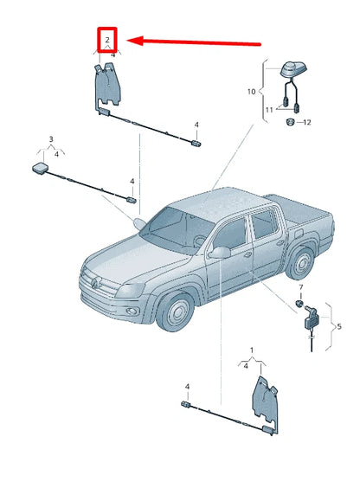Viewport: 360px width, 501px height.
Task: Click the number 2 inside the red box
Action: pyautogui.click(x=107, y=41)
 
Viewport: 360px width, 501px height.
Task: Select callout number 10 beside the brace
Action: pyautogui.click(x=251, y=92)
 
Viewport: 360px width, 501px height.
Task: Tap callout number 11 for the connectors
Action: pyautogui.click(x=269, y=110)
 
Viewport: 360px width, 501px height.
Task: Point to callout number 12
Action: pyautogui.click(x=306, y=122)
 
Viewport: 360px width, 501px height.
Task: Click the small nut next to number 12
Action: pyautogui.click(x=290, y=122)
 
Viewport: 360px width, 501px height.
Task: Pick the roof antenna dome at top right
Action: pyautogui.click(x=293, y=69)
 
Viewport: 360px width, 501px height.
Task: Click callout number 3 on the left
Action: pyautogui.click(x=51, y=139)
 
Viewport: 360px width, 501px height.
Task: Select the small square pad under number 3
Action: pyautogui.click(x=41, y=168)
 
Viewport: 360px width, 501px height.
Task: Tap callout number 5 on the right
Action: pyautogui.click(x=339, y=326)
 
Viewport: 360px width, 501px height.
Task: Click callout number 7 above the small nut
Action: pyautogui.click(x=301, y=287)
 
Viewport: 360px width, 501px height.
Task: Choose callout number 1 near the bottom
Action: pyautogui.click(x=252, y=350)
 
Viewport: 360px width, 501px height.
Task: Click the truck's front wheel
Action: pyautogui.click(x=176, y=311)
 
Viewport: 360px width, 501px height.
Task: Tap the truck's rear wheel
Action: pyautogui.click(x=300, y=263)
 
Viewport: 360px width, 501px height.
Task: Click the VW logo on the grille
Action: pyautogui.click(x=95, y=283)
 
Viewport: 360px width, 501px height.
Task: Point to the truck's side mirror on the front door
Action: pyautogui.click(x=220, y=253)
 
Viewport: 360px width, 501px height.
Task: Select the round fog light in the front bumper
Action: pyautogui.click(x=132, y=311)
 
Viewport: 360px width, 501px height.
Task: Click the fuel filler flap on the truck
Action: pyautogui.click(x=299, y=234)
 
